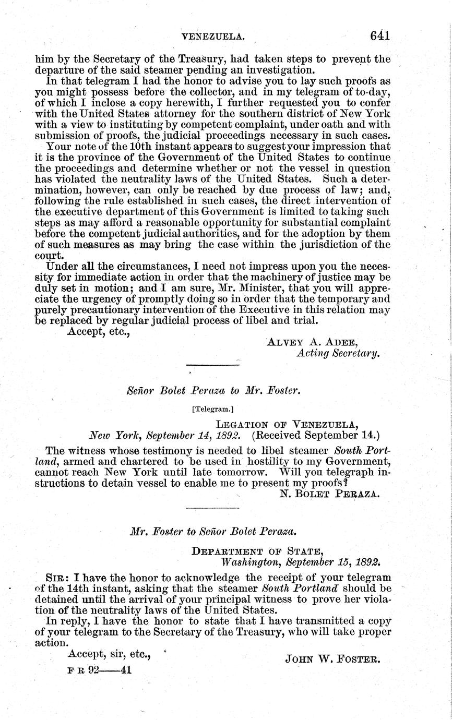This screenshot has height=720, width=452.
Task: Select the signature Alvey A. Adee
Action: [312, 342]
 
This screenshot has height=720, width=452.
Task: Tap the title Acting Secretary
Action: [337, 353]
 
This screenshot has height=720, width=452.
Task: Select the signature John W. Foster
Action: [332, 659]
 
